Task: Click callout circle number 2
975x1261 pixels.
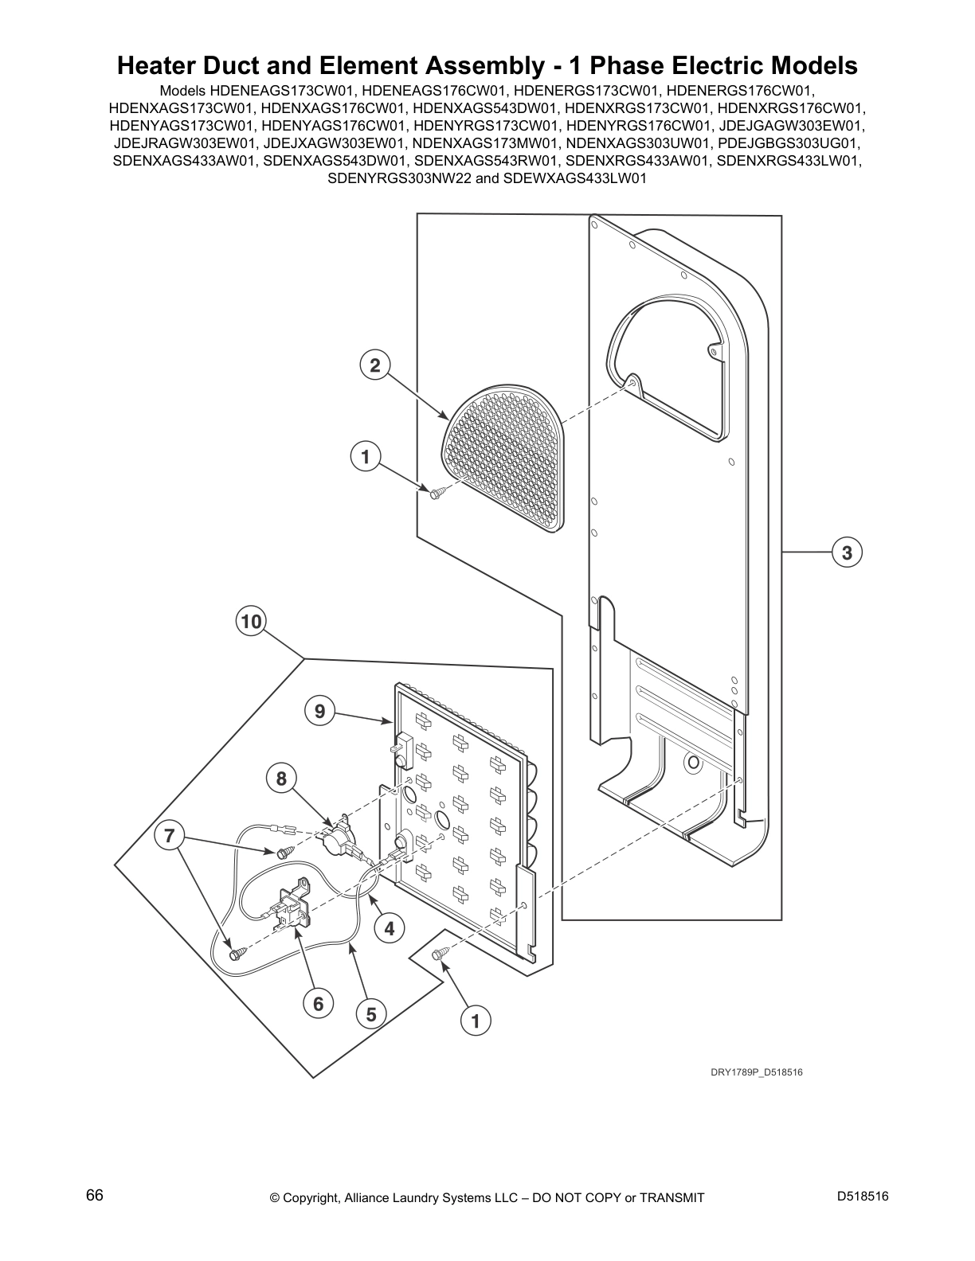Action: click(374, 365)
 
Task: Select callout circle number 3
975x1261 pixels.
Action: click(848, 552)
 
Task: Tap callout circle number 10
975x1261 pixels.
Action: click(251, 621)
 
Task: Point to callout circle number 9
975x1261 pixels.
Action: click(319, 711)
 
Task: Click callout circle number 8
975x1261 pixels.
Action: click(281, 778)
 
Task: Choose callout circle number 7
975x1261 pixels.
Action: click(168, 836)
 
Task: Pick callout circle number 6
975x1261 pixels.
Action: click(318, 1004)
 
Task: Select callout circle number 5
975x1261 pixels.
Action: click(370, 1014)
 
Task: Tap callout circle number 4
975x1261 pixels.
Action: click(390, 928)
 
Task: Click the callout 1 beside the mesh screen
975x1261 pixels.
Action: click(366, 457)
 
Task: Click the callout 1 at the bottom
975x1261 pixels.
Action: click(476, 1021)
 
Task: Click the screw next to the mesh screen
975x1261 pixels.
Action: click(436, 494)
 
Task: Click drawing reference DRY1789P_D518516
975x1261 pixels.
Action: click(756, 1072)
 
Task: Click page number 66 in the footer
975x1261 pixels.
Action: click(94, 1196)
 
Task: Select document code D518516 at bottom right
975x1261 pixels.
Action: click(863, 1197)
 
